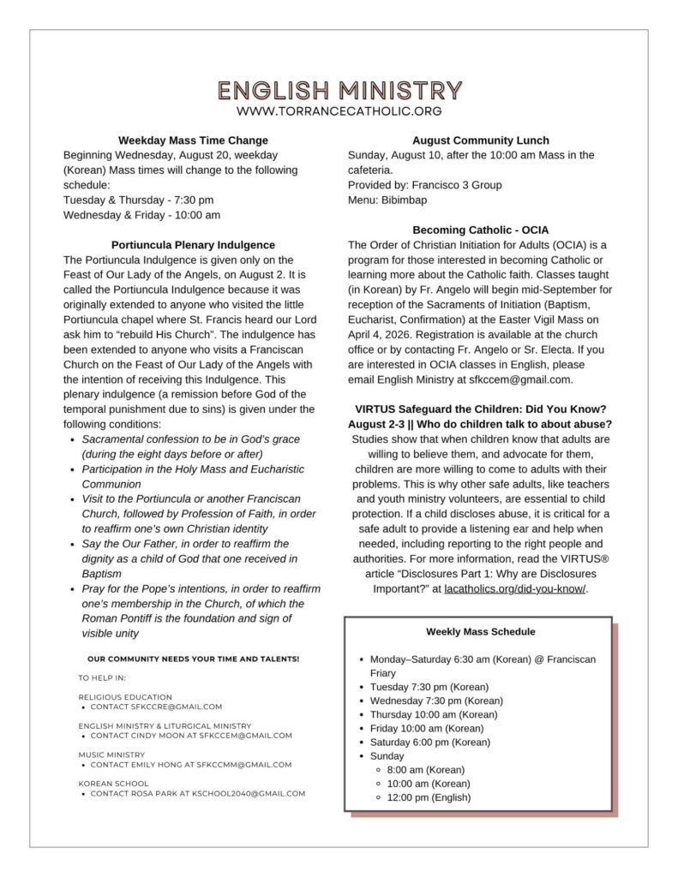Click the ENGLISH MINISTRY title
click(x=339, y=90)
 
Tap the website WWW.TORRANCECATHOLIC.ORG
click(x=339, y=111)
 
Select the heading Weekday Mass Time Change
click(x=193, y=140)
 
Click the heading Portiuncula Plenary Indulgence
click(x=193, y=244)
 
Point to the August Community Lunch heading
click(x=480, y=140)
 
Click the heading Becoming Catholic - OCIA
click(x=480, y=230)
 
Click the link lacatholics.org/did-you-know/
click(x=515, y=589)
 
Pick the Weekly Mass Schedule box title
click(x=480, y=632)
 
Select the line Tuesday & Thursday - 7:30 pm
click(x=127, y=200)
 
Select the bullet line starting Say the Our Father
click(x=185, y=544)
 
